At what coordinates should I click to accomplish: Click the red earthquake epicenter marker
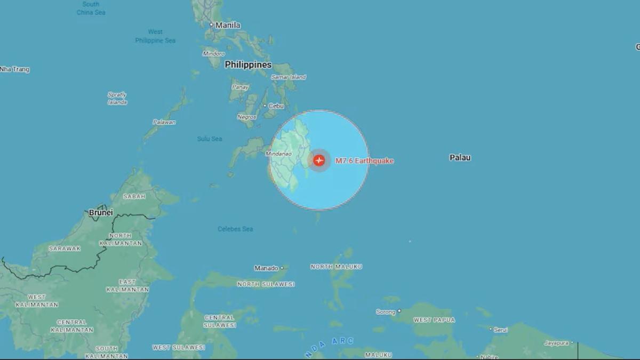point(319,160)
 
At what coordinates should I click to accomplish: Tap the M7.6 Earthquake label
point(364,161)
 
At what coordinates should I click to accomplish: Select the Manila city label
point(228,25)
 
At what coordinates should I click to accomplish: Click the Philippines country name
point(248,65)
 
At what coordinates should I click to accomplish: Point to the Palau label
point(460,157)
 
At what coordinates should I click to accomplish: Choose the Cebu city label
point(276,106)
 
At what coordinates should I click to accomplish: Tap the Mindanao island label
point(278,154)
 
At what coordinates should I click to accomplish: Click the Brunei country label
point(101,212)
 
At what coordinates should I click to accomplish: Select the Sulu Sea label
point(210,139)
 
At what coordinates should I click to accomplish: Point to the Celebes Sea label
point(235,229)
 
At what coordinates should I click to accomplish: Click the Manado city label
point(266,268)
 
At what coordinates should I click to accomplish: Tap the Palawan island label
point(164,122)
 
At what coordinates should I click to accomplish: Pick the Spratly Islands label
point(117,98)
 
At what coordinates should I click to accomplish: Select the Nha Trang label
point(15,69)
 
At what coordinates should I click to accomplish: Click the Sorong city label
point(386,312)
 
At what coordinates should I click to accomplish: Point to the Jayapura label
point(556,343)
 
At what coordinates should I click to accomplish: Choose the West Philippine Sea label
point(155,36)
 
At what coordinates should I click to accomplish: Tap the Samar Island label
point(289,77)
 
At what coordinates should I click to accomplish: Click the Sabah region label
point(134,196)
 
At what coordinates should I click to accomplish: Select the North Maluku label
point(336,267)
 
